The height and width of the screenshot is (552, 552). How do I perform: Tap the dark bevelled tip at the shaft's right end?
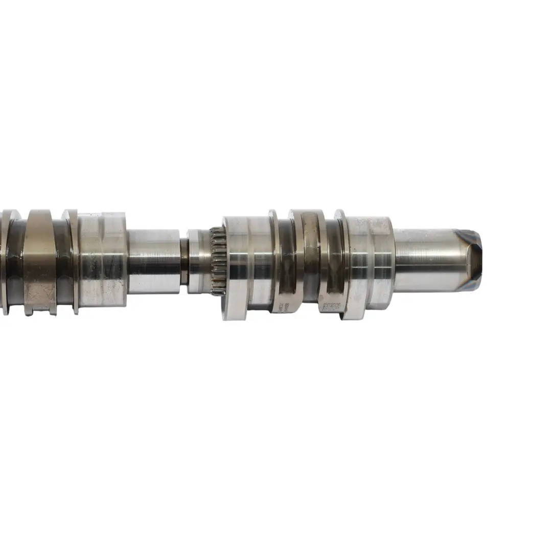click(x=470, y=260)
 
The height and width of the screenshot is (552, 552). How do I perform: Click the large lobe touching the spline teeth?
click(x=245, y=266)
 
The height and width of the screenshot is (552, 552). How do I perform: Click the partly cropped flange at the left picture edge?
click(x=5, y=261)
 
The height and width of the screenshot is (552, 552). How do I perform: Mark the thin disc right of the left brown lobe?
click(x=71, y=261)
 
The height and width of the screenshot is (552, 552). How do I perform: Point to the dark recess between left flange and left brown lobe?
click(x=15, y=261)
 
